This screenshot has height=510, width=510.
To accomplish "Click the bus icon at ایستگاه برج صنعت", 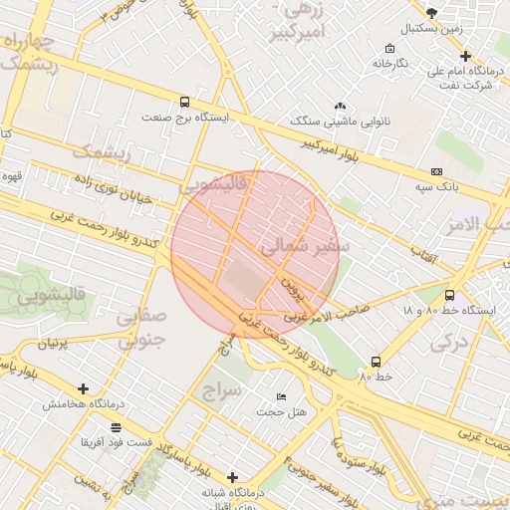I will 185,102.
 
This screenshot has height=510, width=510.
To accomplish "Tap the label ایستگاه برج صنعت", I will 185,118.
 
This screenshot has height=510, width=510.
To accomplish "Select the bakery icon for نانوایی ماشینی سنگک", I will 340,106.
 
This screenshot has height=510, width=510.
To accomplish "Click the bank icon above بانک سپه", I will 436,172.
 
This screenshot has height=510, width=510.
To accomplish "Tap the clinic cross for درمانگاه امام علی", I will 465,56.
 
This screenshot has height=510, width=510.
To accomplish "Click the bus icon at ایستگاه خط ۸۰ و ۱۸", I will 449,295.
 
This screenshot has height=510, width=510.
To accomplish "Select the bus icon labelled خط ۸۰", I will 376,362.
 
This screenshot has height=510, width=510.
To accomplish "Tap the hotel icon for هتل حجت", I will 281,396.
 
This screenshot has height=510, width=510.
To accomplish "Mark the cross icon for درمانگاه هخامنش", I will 83,388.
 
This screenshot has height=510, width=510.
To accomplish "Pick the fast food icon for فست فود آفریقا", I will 117,426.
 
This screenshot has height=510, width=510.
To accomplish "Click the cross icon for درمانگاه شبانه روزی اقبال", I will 232,477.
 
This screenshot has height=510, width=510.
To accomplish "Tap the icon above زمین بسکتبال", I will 430,12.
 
